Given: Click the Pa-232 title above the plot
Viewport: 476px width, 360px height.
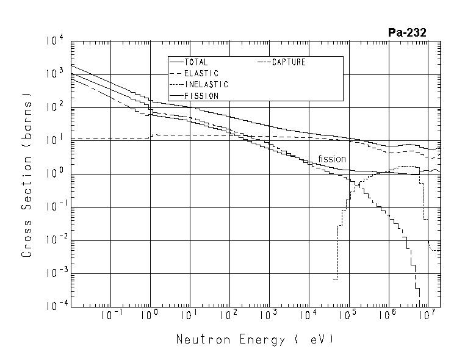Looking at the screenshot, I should coord(407,32).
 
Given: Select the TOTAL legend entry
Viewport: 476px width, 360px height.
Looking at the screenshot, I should coord(196,62).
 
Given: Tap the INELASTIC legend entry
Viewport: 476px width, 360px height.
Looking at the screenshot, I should coord(206,84).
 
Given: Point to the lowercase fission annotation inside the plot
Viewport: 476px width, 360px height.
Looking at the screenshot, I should coord(332,159).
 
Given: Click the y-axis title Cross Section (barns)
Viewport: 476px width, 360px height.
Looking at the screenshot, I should coord(27,175).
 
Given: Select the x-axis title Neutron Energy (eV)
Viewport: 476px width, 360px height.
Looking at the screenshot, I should coord(255,339).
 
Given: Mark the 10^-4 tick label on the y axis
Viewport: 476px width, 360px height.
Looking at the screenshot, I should coord(54,306).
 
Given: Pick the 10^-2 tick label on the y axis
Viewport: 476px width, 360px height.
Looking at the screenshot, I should coord(54,240).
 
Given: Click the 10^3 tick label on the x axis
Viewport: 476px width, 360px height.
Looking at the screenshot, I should coord(268,315).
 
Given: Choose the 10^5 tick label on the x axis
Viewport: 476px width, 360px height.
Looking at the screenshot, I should coord(347,315).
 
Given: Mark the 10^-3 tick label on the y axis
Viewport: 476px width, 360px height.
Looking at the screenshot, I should coord(54,273).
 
